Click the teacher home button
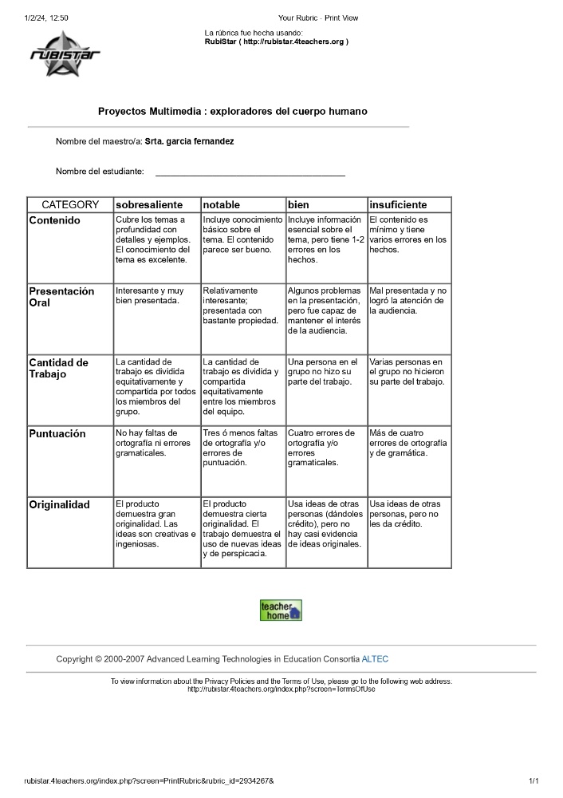[281, 610]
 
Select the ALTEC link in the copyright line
[375, 659]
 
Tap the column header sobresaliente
[149, 205]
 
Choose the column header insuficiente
[398, 205]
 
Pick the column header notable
[222, 205]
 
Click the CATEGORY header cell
[70, 205]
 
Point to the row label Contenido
[55, 220]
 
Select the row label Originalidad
[60, 505]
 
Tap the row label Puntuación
[57, 434]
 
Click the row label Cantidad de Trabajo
[59, 368]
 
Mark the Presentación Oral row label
[61, 297]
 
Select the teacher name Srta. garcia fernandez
[189, 141]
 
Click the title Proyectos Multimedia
[232, 112]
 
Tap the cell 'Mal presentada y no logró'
[407, 301]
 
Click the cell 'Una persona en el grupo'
[323, 372]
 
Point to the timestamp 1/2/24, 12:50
[46, 17]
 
